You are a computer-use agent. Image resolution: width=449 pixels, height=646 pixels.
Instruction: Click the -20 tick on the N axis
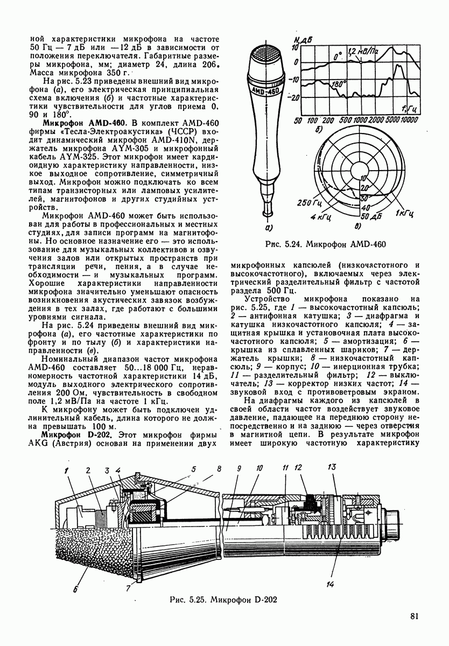(295, 98)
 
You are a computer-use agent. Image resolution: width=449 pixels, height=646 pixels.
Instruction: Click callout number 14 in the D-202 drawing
(329, 585)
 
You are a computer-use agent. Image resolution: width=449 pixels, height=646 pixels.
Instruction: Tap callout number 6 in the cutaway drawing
(76, 589)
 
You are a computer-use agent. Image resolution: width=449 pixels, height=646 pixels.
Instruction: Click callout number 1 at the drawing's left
(67, 472)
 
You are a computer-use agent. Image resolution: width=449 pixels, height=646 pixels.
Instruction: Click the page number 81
(413, 617)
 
